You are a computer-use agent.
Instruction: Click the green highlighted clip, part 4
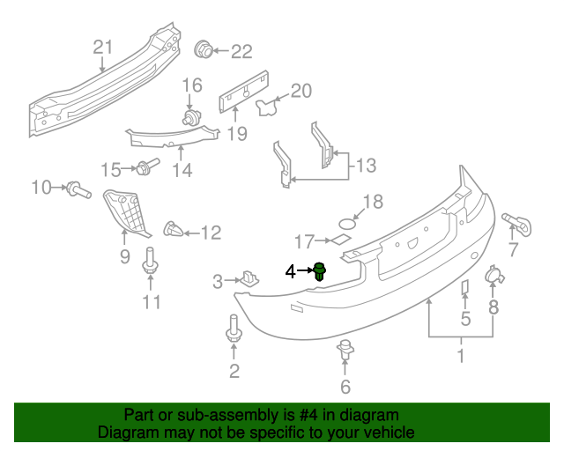tap(320, 271)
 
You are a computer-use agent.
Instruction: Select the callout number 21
tap(104, 47)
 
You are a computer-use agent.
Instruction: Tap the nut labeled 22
tap(203, 49)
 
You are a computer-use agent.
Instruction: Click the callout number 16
tap(192, 85)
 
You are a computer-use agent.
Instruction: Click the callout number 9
tap(124, 256)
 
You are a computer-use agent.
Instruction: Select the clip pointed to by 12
tap(174, 232)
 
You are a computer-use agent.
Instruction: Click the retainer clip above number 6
tap(345, 351)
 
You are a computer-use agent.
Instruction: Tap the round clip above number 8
tap(493, 277)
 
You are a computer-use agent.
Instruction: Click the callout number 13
tap(365, 164)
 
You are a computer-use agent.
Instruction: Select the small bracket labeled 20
tap(265, 107)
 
